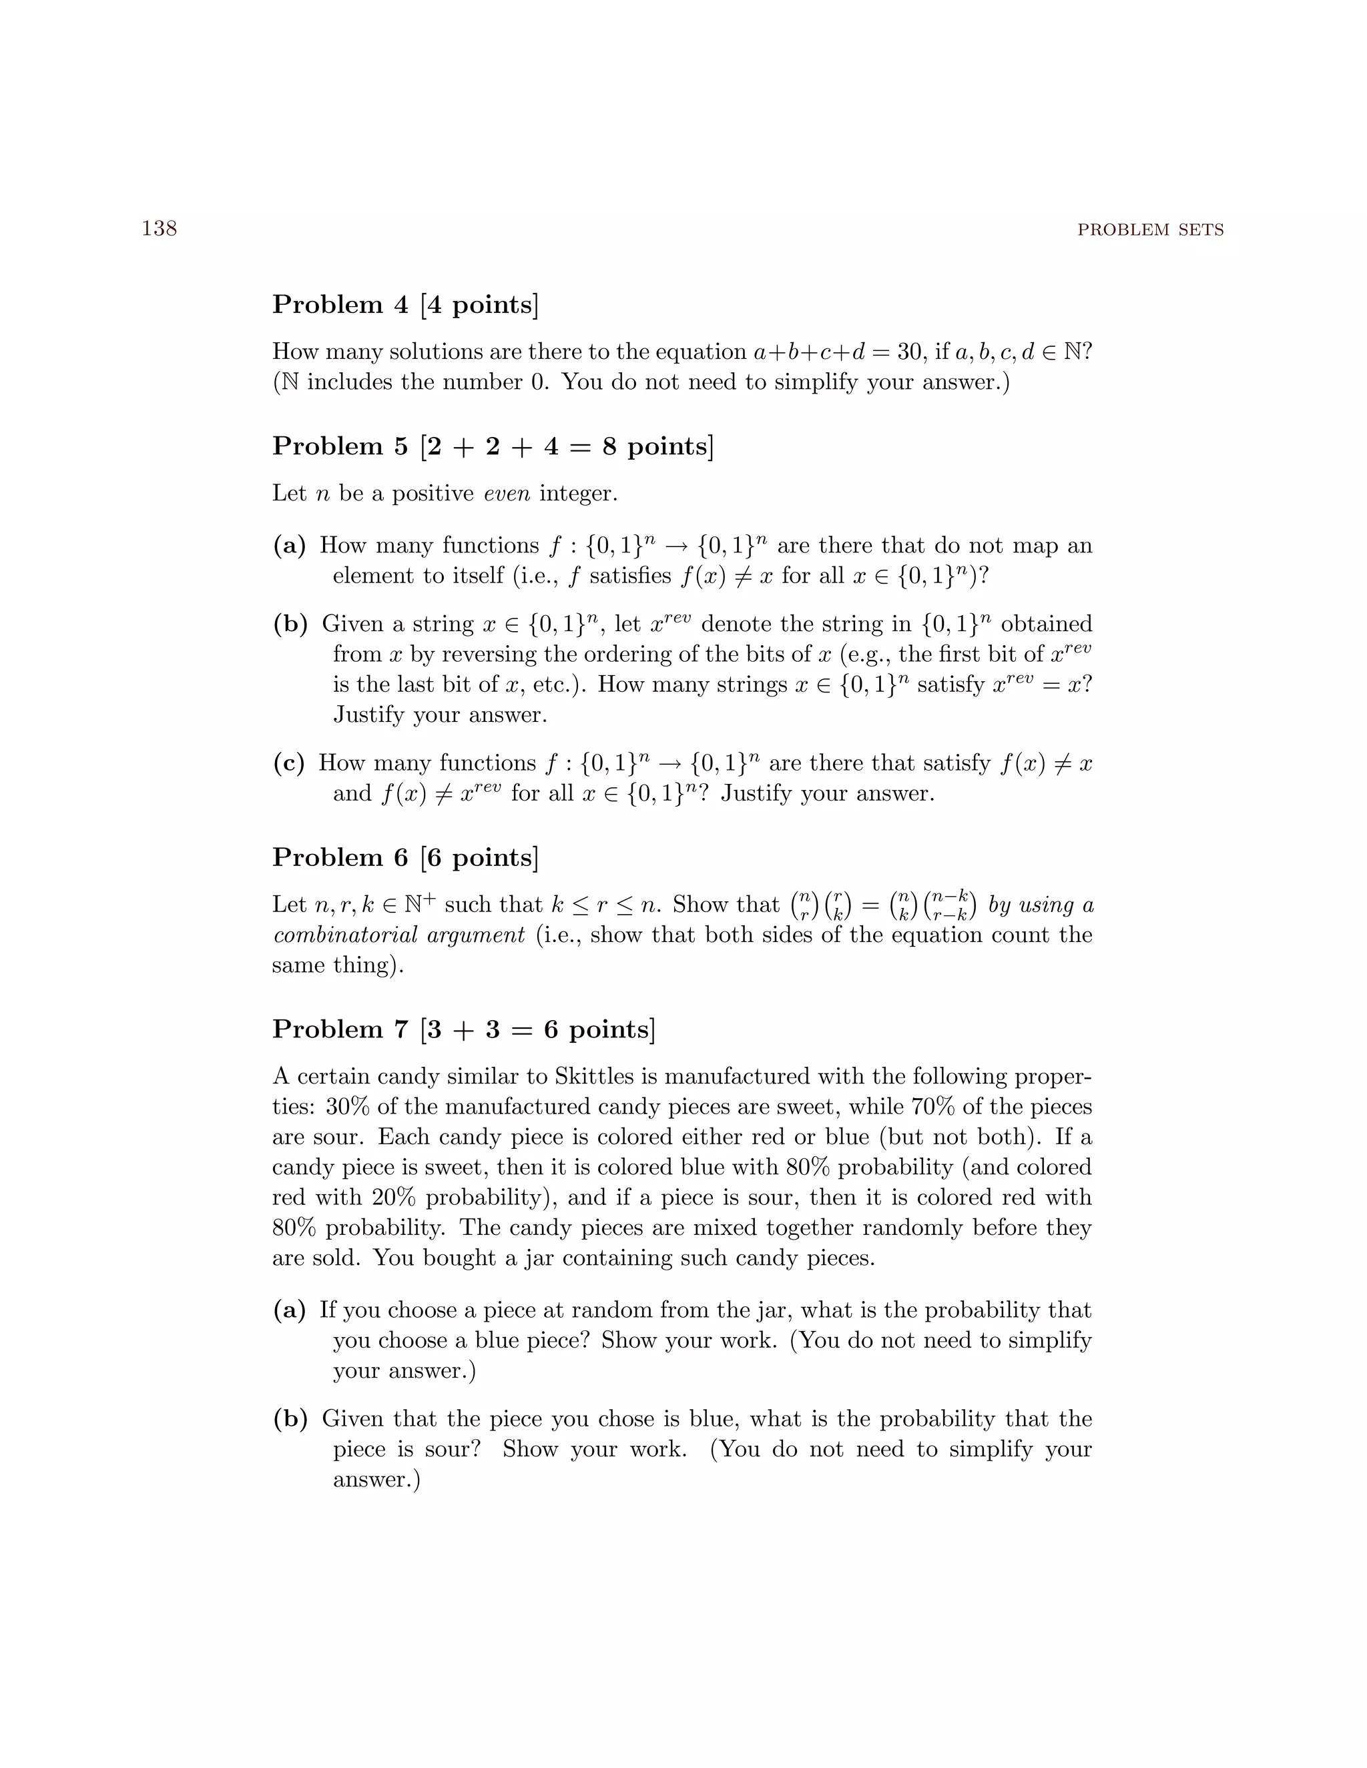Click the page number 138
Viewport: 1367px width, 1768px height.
coord(160,229)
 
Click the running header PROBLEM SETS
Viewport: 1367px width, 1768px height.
coord(1150,231)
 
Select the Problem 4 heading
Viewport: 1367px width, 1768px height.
coord(405,304)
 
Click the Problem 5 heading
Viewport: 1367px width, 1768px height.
coord(493,446)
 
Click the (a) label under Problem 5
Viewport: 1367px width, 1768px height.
coord(289,546)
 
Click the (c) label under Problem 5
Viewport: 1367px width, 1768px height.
coord(289,763)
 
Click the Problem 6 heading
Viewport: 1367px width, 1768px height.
coord(405,857)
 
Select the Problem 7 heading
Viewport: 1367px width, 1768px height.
coord(463,1029)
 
